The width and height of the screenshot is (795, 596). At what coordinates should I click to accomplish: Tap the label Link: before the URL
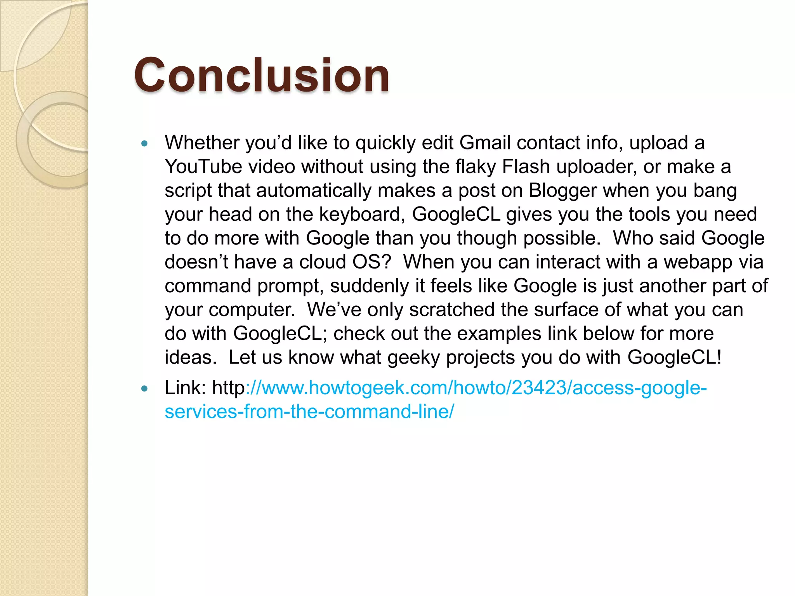point(185,388)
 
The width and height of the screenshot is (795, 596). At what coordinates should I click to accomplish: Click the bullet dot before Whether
point(145,144)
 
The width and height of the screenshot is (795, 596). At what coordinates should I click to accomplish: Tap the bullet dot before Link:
point(145,388)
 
